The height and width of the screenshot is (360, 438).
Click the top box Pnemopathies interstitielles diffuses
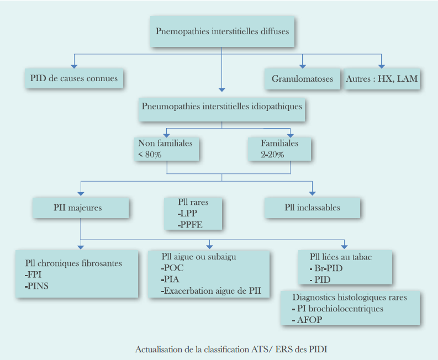(x=222, y=31)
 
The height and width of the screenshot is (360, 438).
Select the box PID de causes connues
(x=74, y=78)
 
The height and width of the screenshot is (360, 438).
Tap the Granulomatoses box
(x=302, y=79)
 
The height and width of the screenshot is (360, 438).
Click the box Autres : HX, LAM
(x=382, y=79)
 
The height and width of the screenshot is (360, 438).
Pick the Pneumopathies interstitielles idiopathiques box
(x=222, y=106)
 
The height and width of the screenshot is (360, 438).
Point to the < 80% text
(x=150, y=154)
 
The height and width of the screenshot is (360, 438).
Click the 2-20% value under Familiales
(x=273, y=154)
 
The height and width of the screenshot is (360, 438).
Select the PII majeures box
(x=81, y=208)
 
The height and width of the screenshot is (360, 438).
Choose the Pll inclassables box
(x=312, y=208)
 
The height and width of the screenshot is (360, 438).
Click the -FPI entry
(x=34, y=274)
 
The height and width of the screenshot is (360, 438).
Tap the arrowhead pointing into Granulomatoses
(x=302, y=65)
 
